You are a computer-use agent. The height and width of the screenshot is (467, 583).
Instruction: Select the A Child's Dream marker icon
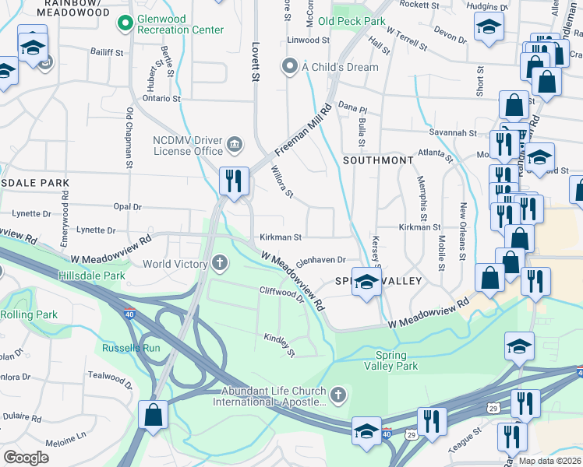(x=291, y=66)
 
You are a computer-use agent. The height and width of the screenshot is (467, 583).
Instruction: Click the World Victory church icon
(x=220, y=264)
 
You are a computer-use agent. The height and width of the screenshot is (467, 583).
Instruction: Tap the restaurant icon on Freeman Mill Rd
(x=234, y=181)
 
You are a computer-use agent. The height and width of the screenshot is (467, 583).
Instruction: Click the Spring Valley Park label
(x=391, y=360)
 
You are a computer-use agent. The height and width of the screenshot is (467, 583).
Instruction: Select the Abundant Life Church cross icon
(x=337, y=396)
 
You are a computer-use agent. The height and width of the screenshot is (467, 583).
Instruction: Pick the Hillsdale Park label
(x=91, y=276)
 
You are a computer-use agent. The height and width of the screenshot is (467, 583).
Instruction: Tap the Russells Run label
(x=131, y=348)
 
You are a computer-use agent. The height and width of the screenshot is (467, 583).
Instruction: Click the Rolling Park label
(x=29, y=314)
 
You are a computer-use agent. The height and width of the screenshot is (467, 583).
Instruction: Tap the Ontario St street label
(x=161, y=99)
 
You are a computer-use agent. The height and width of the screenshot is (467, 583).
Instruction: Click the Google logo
(x=26, y=457)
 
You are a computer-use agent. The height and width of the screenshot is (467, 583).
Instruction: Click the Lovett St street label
(x=254, y=61)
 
